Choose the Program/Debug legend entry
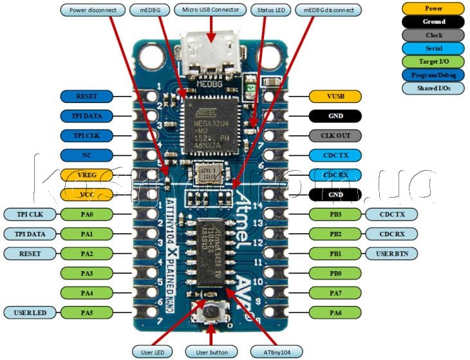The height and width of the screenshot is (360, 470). [433, 75]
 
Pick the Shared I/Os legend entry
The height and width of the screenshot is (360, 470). [433, 88]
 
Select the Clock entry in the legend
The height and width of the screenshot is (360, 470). [433, 35]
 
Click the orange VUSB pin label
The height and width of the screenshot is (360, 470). [335, 96]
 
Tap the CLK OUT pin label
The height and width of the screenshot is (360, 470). [335, 136]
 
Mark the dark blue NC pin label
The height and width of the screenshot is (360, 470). [86, 155]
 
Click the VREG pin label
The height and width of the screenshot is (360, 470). [86, 175]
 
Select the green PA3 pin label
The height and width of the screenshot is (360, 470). [86, 274]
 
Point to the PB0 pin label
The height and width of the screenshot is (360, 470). [335, 274]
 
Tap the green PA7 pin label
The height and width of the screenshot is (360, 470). [335, 294]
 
